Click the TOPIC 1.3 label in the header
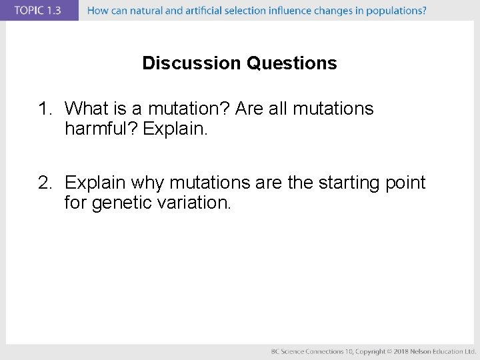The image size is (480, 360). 38,11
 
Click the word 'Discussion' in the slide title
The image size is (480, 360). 192,63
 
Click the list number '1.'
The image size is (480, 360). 47,109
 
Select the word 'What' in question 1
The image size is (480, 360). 87,109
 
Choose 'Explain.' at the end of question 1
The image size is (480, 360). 176,129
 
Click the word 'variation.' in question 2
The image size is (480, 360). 198,203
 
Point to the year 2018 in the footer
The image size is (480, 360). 400,351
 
